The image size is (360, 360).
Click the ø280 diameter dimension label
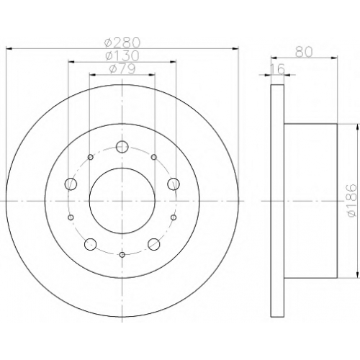click(x=122, y=42)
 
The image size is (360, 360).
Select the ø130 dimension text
click(x=122, y=55)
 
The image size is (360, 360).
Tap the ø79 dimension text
click(x=122, y=68)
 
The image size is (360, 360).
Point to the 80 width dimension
click(x=304, y=52)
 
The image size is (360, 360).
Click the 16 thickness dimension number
click(x=278, y=69)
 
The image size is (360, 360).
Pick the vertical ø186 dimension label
click(x=352, y=201)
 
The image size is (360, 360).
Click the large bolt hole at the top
click(x=122, y=147)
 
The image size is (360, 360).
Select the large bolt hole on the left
click(x=71, y=184)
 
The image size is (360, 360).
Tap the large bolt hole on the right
click(x=174, y=184)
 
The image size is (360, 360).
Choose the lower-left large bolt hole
click(x=91, y=244)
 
